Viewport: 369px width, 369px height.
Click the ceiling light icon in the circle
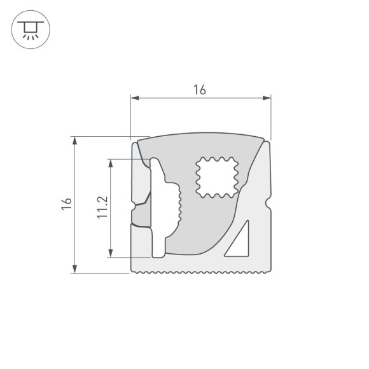coord(28,29)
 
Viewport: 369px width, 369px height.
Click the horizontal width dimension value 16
coord(200,90)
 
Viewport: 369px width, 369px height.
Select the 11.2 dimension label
coord(102,207)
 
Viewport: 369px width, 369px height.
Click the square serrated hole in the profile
coord(216,176)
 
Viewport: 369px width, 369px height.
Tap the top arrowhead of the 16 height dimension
coord(75,140)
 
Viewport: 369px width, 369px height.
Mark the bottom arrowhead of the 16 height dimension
coord(75,269)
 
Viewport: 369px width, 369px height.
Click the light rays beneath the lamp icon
coord(28,37)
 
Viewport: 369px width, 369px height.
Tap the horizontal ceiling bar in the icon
coord(28,22)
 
